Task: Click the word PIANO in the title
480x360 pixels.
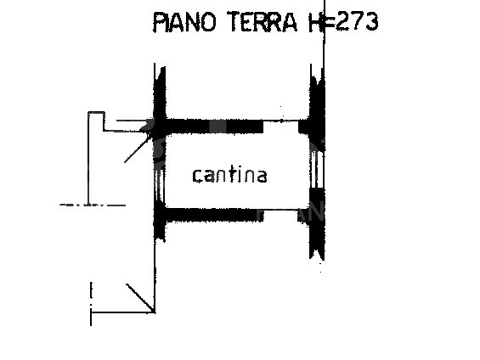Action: point(184,22)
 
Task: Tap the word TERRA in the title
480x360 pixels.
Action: point(263,22)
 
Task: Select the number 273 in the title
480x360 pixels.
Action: point(357,21)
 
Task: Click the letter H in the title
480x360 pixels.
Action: point(316,22)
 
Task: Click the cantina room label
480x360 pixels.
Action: point(229,175)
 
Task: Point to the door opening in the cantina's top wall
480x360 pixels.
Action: point(280,127)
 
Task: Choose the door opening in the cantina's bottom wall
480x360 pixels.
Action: point(280,215)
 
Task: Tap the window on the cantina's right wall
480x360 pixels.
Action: point(317,169)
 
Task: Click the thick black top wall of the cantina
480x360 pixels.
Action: point(214,127)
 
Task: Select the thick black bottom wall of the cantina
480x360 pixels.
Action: point(214,215)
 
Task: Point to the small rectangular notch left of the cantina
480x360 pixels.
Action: point(97,121)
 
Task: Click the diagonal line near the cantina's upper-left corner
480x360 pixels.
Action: point(138,149)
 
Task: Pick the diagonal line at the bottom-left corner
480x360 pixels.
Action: point(140,298)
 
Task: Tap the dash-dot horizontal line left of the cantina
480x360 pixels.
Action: point(93,205)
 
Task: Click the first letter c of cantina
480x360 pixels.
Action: point(198,176)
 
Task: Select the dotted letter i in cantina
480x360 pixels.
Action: point(241,173)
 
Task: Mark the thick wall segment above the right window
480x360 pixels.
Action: point(317,110)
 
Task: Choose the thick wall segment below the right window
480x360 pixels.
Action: point(317,223)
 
